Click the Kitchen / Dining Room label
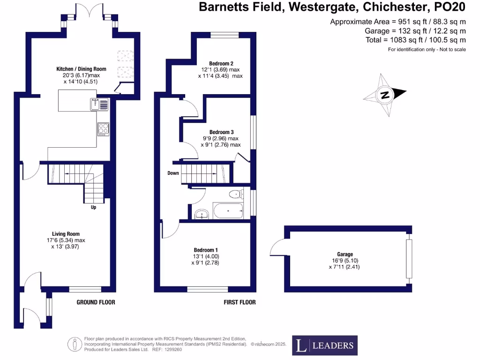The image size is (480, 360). click(x=81, y=69)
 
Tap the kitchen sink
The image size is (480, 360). click(x=99, y=104)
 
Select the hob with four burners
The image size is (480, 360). click(x=104, y=129)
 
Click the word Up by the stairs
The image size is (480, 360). click(x=93, y=207)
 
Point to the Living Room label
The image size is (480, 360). click(x=66, y=234)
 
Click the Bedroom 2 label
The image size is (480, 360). click(x=221, y=63)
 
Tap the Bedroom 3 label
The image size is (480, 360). click(x=221, y=132)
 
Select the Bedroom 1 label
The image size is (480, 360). click(x=206, y=250)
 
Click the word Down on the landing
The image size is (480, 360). click(x=173, y=173)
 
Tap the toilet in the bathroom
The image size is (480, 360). click(x=236, y=194)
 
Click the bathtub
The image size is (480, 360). click(x=228, y=210)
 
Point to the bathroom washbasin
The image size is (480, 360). click(x=202, y=214)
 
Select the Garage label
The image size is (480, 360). click(x=345, y=254)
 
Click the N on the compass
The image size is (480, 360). click(x=385, y=95)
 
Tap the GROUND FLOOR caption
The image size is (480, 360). click(x=96, y=302)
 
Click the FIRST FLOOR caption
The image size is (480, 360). click(x=240, y=302)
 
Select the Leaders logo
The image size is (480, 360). click(x=325, y=345)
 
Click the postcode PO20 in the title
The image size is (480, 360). click(x=450, y=7)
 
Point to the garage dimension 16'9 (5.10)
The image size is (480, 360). click(x=345, y=261)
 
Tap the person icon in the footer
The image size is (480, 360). click(x=75, y=345)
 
